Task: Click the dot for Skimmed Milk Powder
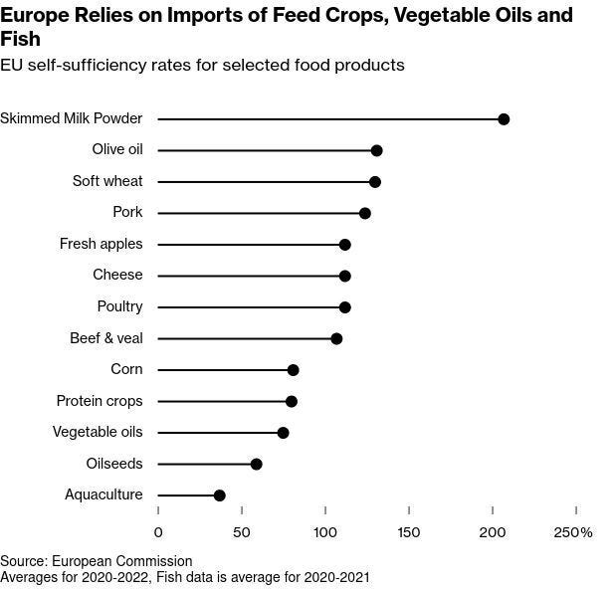[x=504, y=119]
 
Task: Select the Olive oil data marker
[x=376, y=150]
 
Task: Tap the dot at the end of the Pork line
[x=364, y=213]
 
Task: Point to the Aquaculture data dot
[x=219, y=495]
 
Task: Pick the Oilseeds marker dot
[x=256, y=464]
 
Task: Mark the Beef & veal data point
[x=336, y=338]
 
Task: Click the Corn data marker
[x=293, y=370]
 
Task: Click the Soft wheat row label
[x=107, y=181]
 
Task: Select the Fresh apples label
[x=101, y=244]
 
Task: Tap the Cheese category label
[x=117, y=275]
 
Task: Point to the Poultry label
[x=119, y=306]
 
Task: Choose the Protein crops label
[x=100, y=401]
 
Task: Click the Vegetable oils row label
[x=98, y=432]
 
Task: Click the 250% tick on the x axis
[x=573, y=532]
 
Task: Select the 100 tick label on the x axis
[x=325, y=532]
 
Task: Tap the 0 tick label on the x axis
[x=158, y=532]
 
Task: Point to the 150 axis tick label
[x=409, y=532]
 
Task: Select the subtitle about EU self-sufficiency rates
[x=202, y=66]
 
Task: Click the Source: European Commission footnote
[x=97, y=561]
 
